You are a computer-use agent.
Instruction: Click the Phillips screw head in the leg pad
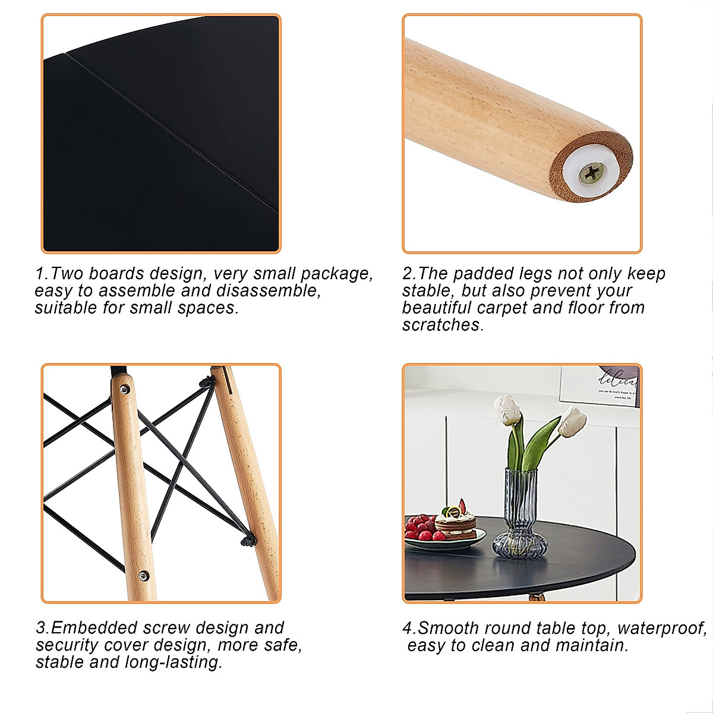pyautogui.click(x=592, y=174)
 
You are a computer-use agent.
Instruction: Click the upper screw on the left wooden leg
pyautogui.click(x=124, y=389)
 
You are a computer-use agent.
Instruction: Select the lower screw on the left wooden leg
pyautogui.click(x=143, y=575)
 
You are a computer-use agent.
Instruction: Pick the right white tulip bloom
pyautogui.click(x=573, y=421)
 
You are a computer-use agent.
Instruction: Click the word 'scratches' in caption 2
pyautogui.click(x=443, y=325)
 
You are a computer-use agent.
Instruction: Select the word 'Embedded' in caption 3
pyautogui.click(x=90, y=627)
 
